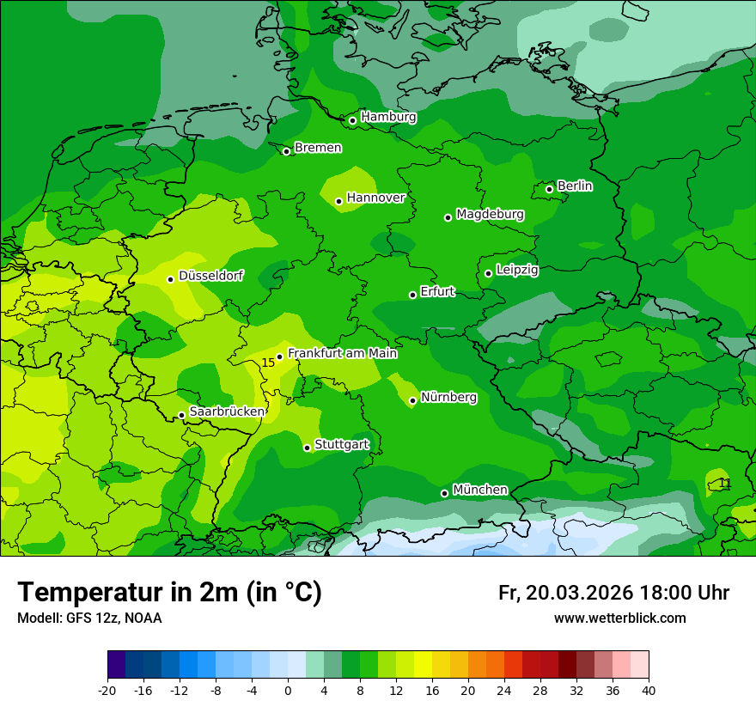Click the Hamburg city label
click(388, 117)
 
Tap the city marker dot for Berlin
click(549, 189)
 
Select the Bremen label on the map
click(318, 148)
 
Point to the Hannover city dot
click(338, 201)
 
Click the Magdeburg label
click(490, 214)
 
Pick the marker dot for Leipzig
click(488, 273)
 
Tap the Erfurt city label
click(437, 291)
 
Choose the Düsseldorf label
click(210, 276)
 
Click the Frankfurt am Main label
click(342, 353)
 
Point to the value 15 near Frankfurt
click(268, 363)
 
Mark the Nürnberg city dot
click(412, 400)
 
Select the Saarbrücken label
click(227, 411)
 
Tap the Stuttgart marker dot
click(307, 448)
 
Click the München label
click(479, 490)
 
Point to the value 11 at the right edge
click(725, 484)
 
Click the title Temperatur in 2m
click(169, 593)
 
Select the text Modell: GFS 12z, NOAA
click(89, 618)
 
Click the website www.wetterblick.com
click(619, 618)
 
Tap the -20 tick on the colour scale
click(107, 690)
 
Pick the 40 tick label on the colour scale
click(649, 690)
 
